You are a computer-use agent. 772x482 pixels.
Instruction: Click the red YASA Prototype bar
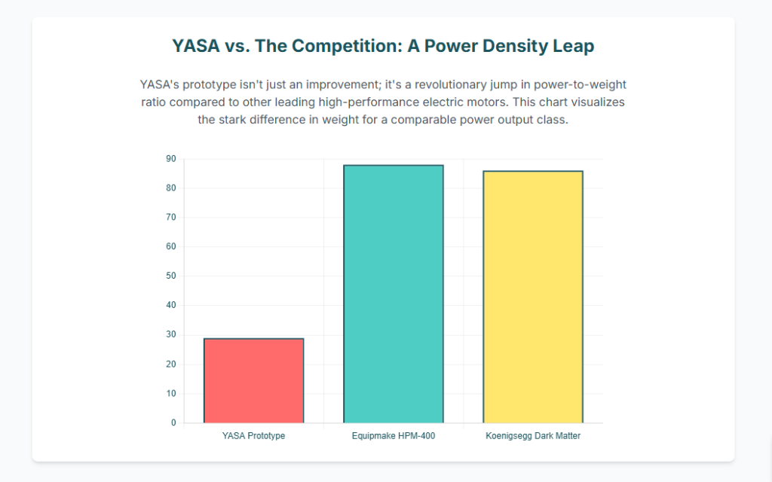(x=253, y=380)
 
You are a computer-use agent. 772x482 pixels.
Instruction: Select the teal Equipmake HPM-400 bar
(x=393, y=294)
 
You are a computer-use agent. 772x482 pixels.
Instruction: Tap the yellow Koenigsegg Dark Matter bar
(x=532, y=297)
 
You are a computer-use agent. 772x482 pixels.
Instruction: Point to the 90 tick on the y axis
(x=170, y=159)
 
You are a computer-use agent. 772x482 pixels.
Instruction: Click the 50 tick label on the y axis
(x=170, y=276)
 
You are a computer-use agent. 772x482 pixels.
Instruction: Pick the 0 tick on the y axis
(x=173, y=423)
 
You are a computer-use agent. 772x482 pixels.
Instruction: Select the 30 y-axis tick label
(x=170, y=335)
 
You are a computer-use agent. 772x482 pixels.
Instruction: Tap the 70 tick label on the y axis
(x=170, y=218)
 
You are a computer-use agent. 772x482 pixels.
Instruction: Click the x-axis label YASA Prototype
(x=253, y=436)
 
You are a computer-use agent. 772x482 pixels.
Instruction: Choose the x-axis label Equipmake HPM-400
(x=393, y=436)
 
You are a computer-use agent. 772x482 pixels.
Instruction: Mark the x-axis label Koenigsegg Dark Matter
(x=533, y=436)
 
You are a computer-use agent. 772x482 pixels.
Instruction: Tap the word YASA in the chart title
(x=196, y=46)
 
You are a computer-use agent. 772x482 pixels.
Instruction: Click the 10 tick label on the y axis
(x=170, y=394)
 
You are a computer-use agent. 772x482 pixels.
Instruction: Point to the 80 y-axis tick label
(x=170, y=188)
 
